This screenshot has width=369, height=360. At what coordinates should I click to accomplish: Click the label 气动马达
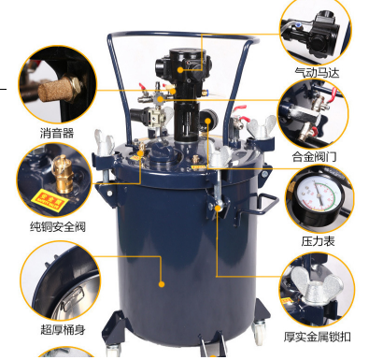(318, 70)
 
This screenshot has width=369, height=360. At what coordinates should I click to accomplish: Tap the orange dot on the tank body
(161, 281)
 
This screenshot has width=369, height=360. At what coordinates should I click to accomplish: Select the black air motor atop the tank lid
(178, 70)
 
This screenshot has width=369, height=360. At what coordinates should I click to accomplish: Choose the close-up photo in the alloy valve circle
(314, 113)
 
